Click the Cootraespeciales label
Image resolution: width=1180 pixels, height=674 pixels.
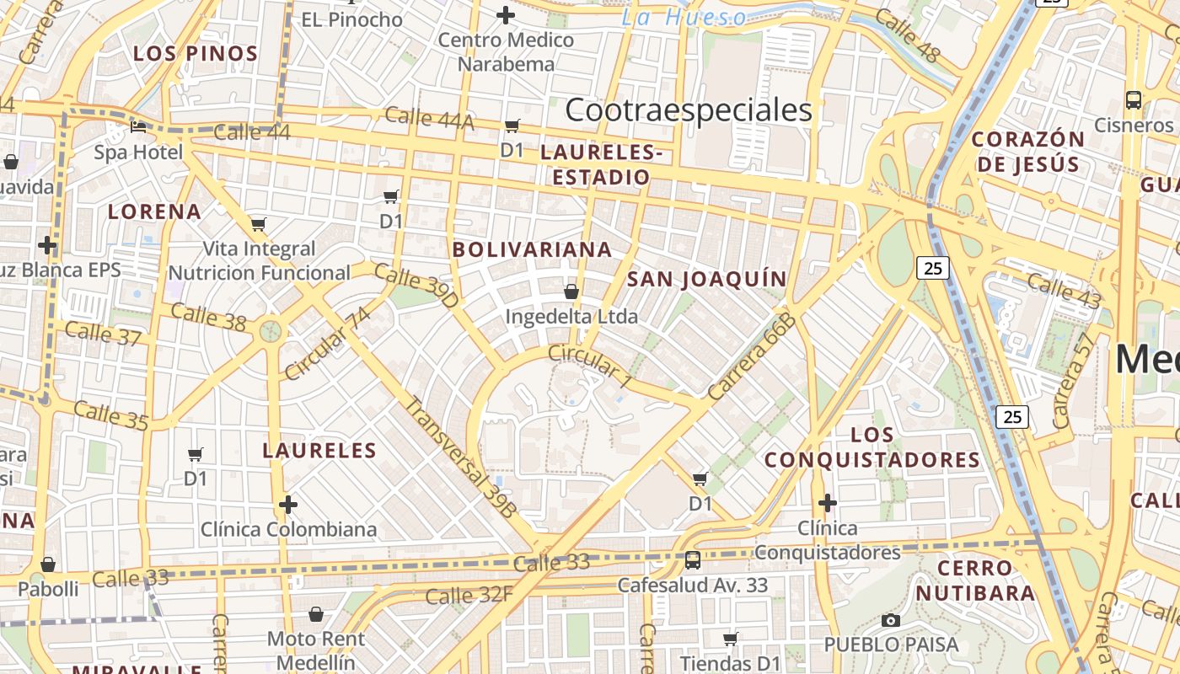[689, 110]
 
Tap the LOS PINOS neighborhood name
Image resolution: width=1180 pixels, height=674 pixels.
[196, 54]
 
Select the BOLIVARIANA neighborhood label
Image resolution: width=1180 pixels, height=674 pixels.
[532, 249]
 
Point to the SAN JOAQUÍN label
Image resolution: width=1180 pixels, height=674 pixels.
[707, 279]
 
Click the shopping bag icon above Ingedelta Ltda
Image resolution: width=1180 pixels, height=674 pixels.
[571, 292]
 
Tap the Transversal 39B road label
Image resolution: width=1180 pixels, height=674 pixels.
[460, 456]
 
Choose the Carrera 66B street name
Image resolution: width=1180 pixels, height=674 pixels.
[752, 356]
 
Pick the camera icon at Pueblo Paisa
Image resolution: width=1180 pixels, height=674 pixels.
[890, 621]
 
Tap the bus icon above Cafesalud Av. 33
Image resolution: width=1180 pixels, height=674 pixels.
[693, 560]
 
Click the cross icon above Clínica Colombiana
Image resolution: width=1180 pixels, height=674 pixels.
[288, 505]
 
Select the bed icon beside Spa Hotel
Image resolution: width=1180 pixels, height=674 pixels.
[138, 128]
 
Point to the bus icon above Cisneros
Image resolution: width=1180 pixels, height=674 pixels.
[1134, 99]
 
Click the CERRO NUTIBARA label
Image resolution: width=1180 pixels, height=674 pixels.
[975, 580]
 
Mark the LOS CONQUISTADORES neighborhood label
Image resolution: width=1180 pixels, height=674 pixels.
[872, 447]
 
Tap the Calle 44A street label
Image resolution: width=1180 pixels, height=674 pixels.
[429, 119]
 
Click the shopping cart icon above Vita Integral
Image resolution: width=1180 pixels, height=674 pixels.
[259, 224]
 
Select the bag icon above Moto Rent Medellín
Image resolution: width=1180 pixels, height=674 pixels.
[316, 614]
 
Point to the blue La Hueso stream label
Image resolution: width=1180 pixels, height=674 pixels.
[684, 18]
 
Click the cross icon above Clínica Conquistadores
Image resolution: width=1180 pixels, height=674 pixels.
[828, 503]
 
